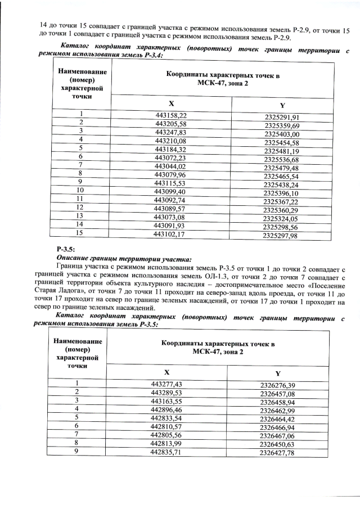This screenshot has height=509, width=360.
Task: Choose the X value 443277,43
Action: tap(166, 383)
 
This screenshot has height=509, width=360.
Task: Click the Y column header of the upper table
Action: tap(282, 106)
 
